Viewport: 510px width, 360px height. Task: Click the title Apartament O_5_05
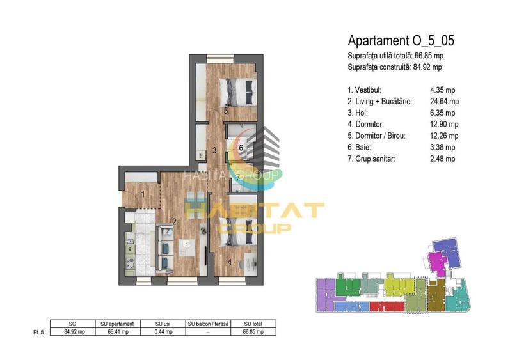(401, 42)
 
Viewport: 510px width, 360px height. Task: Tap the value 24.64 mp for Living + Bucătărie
(445, 101)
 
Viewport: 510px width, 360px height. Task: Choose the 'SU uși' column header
(162, 324)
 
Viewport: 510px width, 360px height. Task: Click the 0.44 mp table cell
(162, 331)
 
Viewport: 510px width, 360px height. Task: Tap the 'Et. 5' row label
(38, 331)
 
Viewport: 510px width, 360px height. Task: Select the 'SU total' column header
(253, 324)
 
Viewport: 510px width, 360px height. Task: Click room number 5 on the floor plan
(226, 111)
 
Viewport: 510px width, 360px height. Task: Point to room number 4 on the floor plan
(230, 261)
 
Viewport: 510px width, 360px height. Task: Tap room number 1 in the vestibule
(143, 194)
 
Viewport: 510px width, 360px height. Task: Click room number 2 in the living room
(173, 223)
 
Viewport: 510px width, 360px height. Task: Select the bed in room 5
(235, 91)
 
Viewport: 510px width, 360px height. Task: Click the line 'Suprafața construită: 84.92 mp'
(394, 67)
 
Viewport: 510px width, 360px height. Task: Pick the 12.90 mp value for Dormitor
(445, 124)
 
